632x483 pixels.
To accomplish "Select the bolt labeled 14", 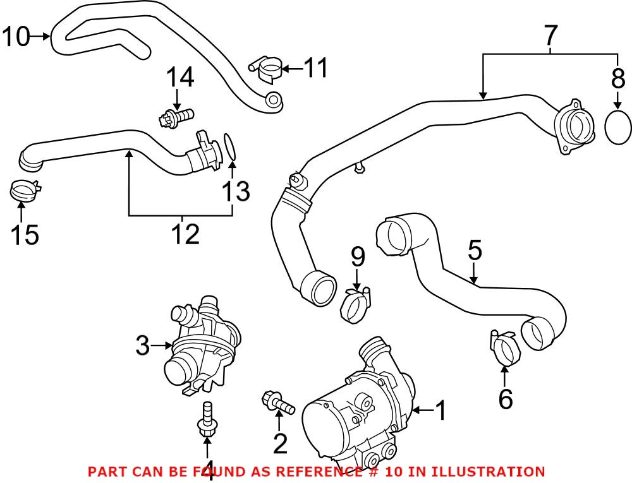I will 176,117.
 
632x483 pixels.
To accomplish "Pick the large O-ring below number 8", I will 617,127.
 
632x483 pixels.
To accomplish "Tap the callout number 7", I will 550,37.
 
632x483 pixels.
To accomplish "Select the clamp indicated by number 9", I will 356,303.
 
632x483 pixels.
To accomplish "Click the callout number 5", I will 475,251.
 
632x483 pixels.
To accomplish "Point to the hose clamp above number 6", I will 505,349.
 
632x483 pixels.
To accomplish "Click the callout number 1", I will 441,412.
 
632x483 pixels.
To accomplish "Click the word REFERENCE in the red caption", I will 320,471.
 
